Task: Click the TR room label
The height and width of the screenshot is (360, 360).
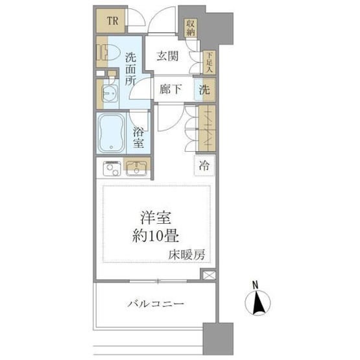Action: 112,21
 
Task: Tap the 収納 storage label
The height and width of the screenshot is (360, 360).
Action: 190,28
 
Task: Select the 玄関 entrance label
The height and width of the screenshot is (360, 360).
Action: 167,56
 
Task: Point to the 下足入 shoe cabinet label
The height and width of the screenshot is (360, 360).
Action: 209,63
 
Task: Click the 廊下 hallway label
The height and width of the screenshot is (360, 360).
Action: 171,89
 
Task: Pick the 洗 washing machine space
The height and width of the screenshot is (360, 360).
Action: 205,90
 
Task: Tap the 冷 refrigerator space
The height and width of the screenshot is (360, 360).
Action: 204,165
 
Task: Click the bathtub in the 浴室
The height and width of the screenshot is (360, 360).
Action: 112,134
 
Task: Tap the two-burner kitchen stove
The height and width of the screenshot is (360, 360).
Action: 112,168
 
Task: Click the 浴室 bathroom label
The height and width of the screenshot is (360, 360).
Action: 138,138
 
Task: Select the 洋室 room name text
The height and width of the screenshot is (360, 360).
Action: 156,217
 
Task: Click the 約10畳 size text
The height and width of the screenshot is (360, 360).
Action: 156,235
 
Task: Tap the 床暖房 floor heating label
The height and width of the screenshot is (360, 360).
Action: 186,255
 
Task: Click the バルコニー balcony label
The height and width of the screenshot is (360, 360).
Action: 156,304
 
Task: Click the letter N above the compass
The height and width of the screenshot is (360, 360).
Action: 255,285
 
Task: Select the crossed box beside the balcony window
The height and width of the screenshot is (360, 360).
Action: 209,275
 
